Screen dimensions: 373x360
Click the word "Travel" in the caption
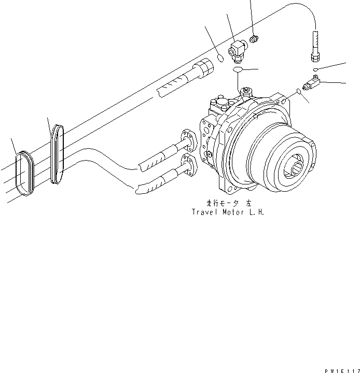coord(204,212)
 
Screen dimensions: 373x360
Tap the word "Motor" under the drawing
coord(232,212)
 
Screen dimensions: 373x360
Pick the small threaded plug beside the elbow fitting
coord(255,38)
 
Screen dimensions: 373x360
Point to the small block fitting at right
coord(313,82)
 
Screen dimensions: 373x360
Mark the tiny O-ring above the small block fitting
coord(315,69)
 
